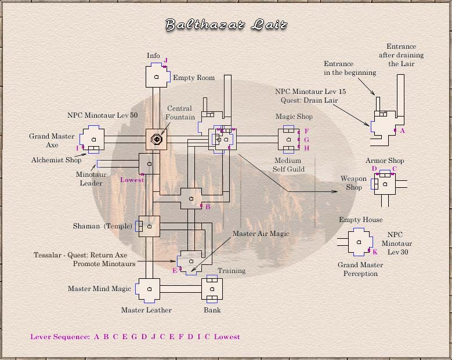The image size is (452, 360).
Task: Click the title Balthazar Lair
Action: click(x=226, y=24)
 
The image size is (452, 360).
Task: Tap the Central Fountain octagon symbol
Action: click(x=156, y=139)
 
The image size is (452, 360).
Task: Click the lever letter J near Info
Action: click(x=165, y=60)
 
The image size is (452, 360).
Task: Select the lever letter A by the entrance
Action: click(x=402, y=131)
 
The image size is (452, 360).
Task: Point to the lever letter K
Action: click(x=375, y=252)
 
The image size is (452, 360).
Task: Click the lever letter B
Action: click(x=208, y=206)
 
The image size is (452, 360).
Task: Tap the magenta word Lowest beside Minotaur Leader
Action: click(x=132, y=180)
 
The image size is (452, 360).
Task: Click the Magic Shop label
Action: click(x=294, y=117)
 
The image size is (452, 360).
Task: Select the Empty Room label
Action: click(x=194, y=78)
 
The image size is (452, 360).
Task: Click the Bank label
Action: click(x=212, y=310)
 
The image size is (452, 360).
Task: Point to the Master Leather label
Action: click(x=146, y=310)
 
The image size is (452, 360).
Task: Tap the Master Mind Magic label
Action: click(x=99, y=289)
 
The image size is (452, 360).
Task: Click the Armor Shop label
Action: click(x=385, y=161)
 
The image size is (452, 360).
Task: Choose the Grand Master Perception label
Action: click(x=360, y=270)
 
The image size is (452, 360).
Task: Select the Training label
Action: click(x=232, y=271)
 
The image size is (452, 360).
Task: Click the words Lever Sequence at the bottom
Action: click(x=60, y=337)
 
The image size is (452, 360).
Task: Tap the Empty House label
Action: click(x=361, y=220)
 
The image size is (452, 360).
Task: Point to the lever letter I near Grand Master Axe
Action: click(x=77, y=148)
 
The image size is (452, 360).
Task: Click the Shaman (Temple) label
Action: click(x=101, y=226)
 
